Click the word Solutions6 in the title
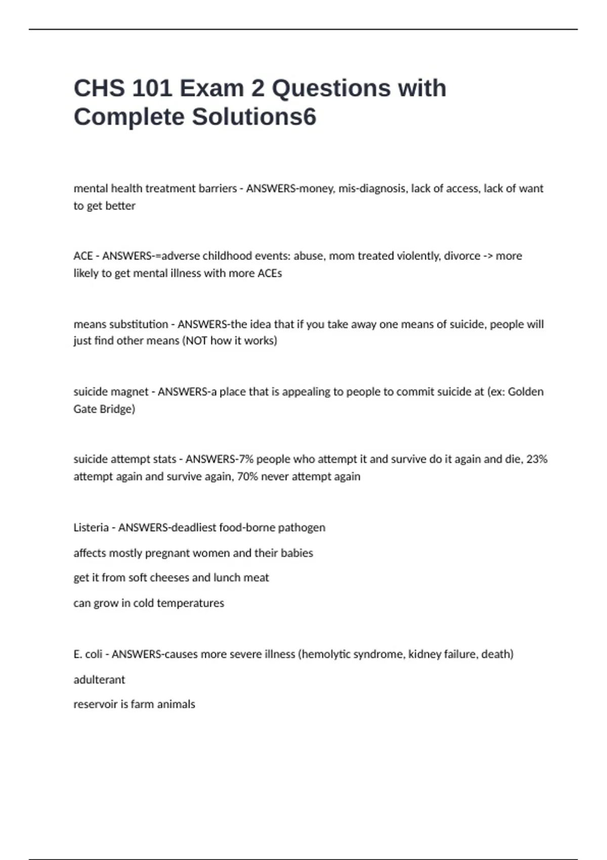254,117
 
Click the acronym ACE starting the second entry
82,256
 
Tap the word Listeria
91,528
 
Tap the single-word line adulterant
99,679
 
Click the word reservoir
95,704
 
